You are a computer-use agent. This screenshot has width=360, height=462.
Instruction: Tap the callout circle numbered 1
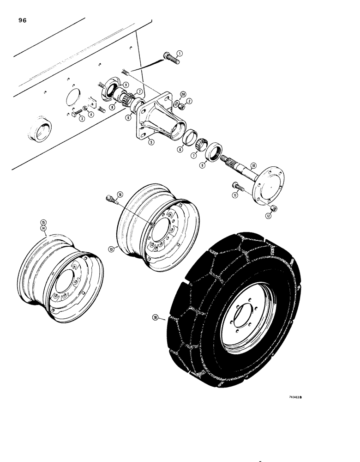[x=180, y=54]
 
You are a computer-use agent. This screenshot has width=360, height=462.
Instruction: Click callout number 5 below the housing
[x=151, y=142]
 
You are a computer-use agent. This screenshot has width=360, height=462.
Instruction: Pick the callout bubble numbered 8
[x=113, y=107]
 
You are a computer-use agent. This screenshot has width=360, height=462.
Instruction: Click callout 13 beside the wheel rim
[x=111, y=249]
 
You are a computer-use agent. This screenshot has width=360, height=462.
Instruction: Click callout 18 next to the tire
[x=156, y=318]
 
